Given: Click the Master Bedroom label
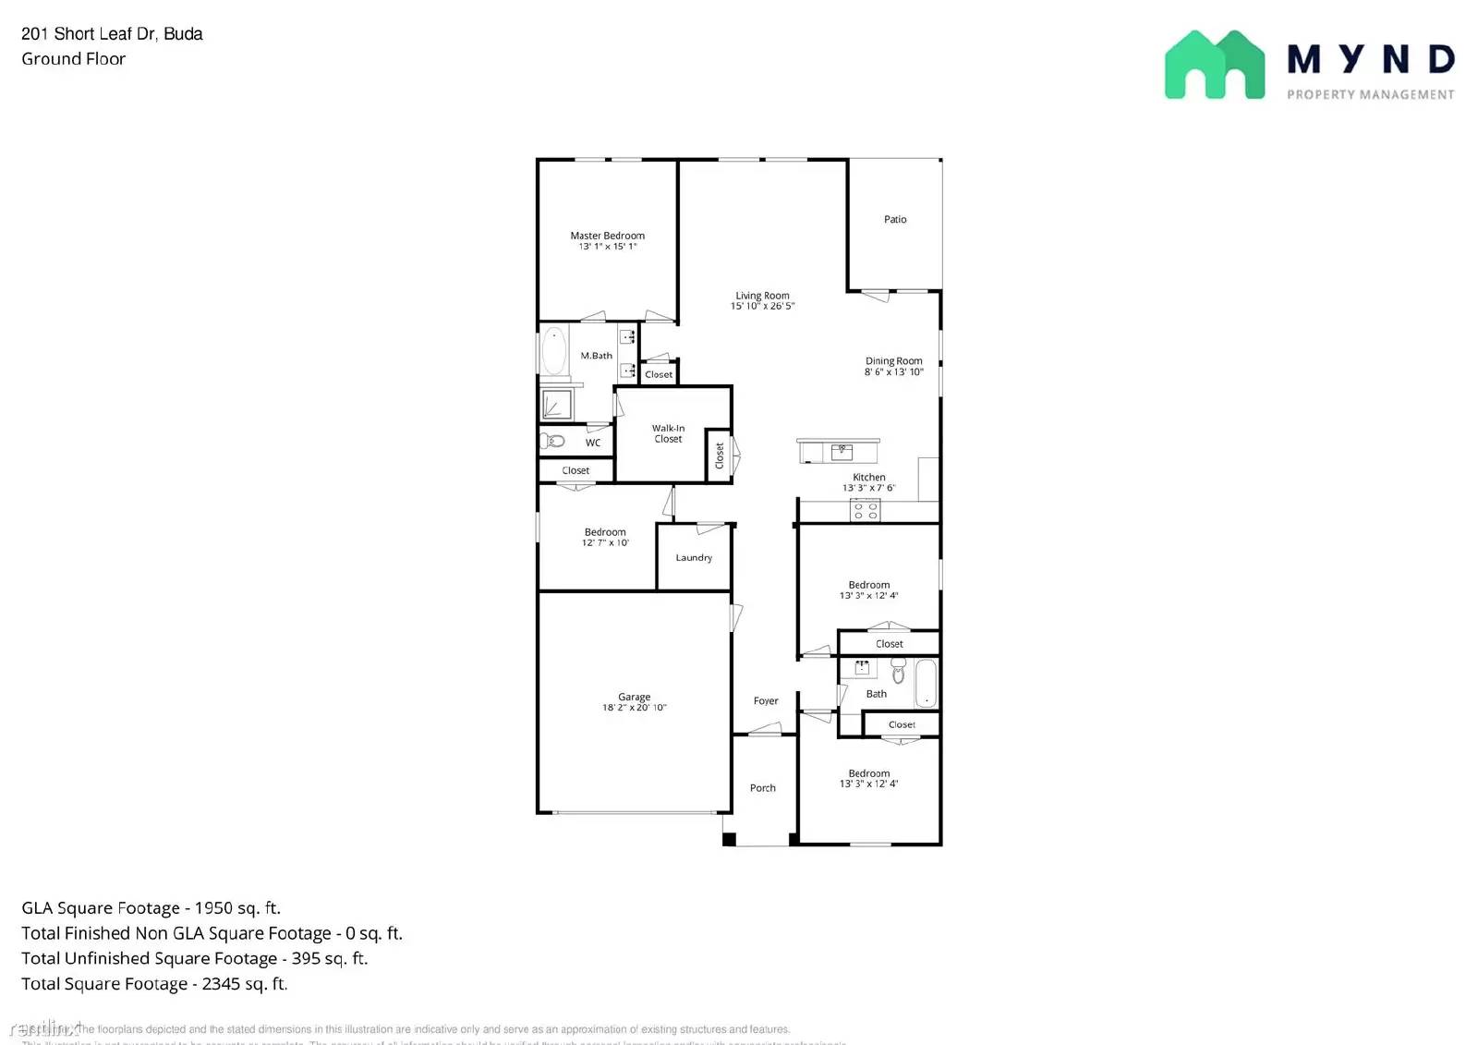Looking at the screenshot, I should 607,236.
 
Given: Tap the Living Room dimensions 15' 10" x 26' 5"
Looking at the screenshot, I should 762,306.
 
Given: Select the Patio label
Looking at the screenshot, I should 894,219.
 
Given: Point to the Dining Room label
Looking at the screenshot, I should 893,361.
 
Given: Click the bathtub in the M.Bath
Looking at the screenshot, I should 554,351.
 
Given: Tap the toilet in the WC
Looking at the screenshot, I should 553,441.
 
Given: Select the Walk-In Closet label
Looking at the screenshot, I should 668,433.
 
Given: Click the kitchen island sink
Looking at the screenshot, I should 841,452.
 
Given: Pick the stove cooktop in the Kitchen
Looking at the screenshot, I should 865,510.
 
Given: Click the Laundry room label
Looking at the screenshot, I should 694,558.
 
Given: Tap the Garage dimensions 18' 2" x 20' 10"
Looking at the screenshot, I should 634,708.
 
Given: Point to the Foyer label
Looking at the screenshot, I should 766,700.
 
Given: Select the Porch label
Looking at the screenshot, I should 762,788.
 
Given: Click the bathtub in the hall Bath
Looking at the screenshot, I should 926,684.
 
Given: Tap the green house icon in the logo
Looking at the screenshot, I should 1214,66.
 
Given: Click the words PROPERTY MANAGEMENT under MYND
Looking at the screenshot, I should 1370,94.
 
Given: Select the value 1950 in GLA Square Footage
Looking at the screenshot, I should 213,908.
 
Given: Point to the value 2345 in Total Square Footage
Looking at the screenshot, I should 222,984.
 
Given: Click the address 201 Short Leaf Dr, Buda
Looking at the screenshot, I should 112,34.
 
